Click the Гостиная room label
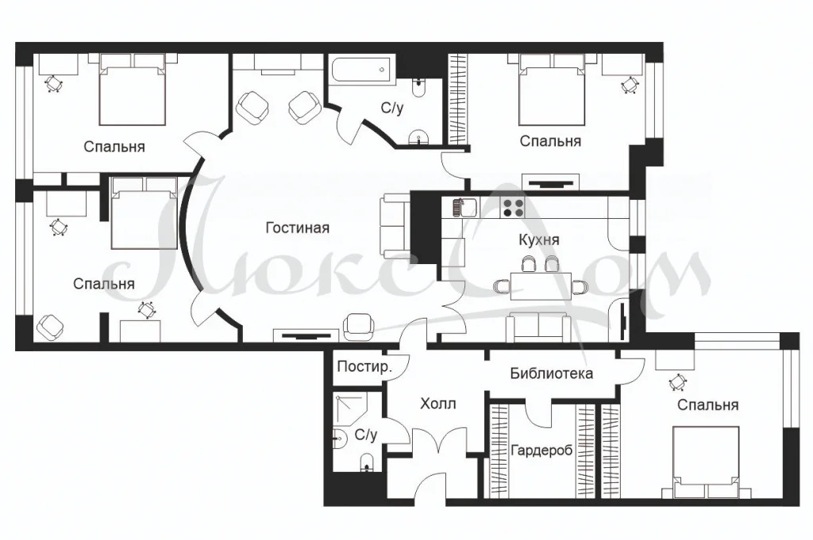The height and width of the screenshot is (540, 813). click(x=297, y=228)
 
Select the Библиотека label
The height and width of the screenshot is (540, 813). click(x=552, y=373)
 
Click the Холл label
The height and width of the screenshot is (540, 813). click(x=437, y=404)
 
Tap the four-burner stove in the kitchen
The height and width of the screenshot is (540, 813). click(x=513, y=208)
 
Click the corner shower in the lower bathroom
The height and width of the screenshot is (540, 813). click(x=349, y=407)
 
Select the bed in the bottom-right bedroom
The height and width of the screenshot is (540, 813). click(x=706, y=464)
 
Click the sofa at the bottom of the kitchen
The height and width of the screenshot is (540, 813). click(x=538, y=324)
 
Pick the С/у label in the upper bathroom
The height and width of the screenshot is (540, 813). click(x=391, y=109)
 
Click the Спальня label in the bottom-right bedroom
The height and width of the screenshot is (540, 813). click(x=707, y=405)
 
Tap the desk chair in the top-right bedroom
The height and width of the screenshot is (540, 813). click(x=631, y=85)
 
